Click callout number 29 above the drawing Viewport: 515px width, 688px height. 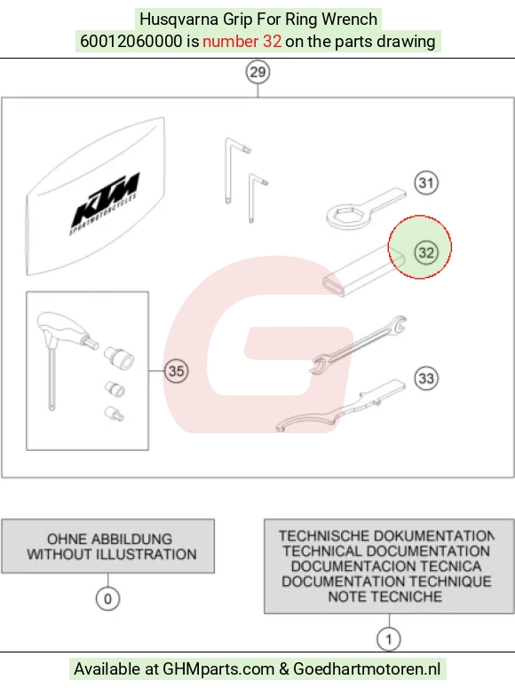click(257, 72)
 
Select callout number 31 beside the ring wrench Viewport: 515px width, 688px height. click(426, 183)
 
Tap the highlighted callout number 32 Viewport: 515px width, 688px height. click(426, 253)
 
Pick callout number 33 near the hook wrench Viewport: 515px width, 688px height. click(426, 378)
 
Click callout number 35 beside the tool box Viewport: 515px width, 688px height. click(176, 371)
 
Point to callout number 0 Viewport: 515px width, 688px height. click(107, 598)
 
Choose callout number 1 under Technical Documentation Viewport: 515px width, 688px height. click(389, 639)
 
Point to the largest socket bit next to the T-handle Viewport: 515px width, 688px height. click(119, 357)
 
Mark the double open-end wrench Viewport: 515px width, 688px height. click(358, 344)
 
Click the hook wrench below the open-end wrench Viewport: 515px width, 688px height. click(341, 407)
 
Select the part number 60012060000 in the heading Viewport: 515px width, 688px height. click(131, 41)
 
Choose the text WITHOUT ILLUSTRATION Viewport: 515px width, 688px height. click(112, 554)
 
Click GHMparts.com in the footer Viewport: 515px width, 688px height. click(218, 669)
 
